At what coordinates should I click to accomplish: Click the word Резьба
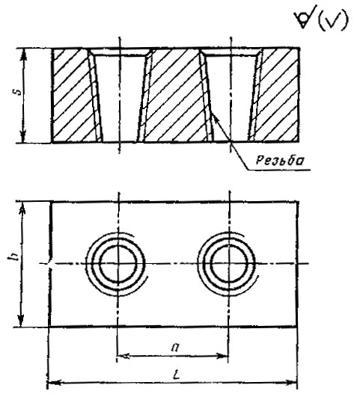280,161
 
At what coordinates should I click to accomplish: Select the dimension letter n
174,347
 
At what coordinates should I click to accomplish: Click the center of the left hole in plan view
118,263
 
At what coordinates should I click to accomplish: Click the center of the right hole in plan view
229,263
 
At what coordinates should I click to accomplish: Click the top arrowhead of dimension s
24,55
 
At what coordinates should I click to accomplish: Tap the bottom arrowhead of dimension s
23,137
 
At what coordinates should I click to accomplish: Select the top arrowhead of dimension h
22,209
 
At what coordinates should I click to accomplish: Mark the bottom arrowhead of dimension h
21,320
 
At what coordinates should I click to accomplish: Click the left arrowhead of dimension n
123,356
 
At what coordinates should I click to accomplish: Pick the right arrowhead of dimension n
222,356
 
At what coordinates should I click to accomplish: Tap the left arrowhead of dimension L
54,383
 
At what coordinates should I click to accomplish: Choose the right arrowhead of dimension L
290,383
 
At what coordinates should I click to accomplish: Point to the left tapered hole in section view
120,98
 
